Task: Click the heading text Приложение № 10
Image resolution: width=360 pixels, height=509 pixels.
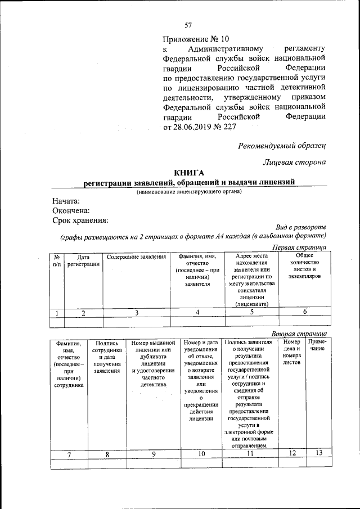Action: tap(196, 39)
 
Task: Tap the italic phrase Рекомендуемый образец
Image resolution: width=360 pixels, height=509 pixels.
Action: tap(282, 146)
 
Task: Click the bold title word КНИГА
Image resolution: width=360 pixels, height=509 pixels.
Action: tap(189, 173)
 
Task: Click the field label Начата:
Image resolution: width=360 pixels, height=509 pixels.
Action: tap(66, 201)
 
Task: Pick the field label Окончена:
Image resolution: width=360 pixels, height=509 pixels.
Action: tap(71, 210)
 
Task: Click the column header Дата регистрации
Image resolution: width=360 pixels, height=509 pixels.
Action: tap(83, 260)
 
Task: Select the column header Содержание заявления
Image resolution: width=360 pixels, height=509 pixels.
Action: tap(137, 257)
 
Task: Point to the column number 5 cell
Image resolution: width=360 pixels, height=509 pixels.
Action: tap(252, 313)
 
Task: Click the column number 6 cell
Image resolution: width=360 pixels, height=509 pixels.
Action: tap(304, 313)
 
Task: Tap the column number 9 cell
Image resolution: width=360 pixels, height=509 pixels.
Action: tap(153, 454)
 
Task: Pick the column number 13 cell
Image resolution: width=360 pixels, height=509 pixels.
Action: tap(318, 453)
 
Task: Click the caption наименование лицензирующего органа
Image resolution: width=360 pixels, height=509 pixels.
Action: tap(189, 192)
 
